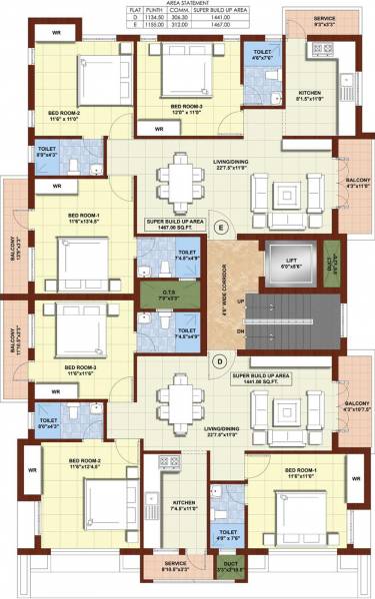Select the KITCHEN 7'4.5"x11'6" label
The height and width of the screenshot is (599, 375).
pos(183,505)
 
